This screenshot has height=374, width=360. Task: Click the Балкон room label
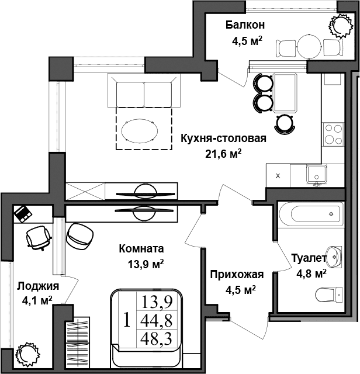(x=245, y=25)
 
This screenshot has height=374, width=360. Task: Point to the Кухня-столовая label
(x=223, y=138)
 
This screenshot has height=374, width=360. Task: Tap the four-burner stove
(x=334, y=134)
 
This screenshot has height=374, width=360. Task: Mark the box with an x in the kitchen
(x=278, y=175)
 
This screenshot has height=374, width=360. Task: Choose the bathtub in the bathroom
(x=309, y=214)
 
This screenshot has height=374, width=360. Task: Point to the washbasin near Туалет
(x=334, y=255)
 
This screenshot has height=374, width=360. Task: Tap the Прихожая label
(x=237, y=275)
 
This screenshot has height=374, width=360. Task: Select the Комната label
(x=141, y=248)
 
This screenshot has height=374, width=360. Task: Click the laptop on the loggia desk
(x=23, y=213)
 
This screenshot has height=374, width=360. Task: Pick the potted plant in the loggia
(x=27, y=354)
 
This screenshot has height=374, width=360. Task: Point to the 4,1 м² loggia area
(x=37, y=300)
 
